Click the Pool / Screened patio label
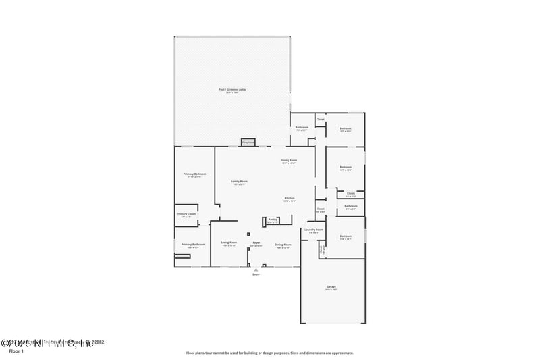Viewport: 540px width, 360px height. coord(232,90)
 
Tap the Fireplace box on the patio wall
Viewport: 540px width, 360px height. coord(248,143)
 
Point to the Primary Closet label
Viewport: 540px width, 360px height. coord(186,214)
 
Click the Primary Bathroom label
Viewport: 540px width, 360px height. coord(193,244)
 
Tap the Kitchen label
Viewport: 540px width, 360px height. coord(289,198)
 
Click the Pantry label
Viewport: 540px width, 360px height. coord(273,220)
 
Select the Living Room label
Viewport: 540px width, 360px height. coord(230,242)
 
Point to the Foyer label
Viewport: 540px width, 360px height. coord(256,242)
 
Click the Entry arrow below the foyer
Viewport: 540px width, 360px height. coord(256,269)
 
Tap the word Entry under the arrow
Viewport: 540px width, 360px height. coord(256,274)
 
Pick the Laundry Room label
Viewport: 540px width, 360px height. coord(314,230)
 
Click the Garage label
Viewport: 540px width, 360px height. coord(331,286)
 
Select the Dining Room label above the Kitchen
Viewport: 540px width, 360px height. coord(289,160)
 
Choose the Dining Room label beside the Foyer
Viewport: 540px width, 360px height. coord(283,244)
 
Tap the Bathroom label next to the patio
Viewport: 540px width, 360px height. coord(301,127)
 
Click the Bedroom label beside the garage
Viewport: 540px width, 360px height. coord(346,236)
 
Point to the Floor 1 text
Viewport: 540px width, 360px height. coord(16,351)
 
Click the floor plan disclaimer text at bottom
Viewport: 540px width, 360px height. coord(270,353)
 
